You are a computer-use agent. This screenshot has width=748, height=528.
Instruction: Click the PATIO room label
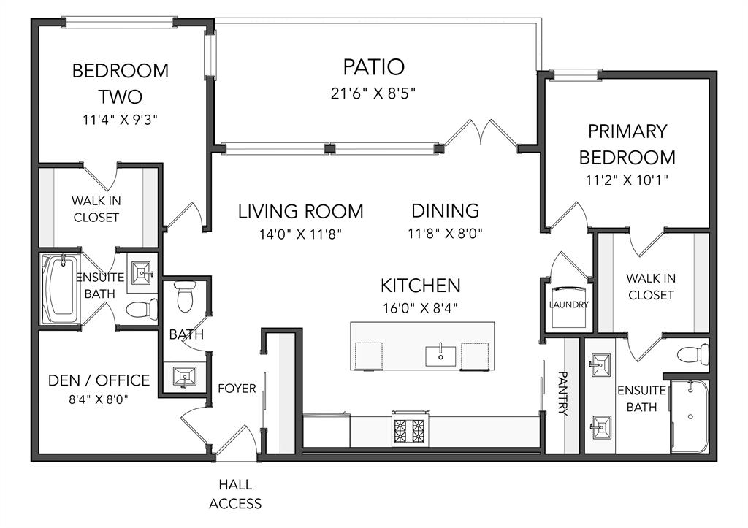[373, 66]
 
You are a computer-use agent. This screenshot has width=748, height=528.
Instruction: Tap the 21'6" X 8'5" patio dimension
[373, 93]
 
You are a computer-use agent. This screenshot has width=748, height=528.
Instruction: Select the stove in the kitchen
[411, 428]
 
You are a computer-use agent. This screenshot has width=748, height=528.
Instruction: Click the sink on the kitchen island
[440, 356]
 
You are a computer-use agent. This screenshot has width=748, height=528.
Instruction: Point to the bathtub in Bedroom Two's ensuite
[61, 289]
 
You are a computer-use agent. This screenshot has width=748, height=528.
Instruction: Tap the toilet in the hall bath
[185, 296]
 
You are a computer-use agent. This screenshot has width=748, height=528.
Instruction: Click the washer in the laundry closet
[569, 307]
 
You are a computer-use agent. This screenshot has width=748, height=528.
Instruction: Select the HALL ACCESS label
[235, 494]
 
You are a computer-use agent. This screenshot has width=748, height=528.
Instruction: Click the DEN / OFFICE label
[99, 380]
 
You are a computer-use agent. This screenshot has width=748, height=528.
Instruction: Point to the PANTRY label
[562, 394]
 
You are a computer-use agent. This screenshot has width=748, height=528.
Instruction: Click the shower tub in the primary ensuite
[690, 416]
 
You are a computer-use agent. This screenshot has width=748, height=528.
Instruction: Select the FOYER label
[237, 389]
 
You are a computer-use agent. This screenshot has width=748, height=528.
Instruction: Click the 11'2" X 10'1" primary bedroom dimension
[627, 180]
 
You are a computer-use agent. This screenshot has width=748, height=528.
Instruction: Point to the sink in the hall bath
[184, 377]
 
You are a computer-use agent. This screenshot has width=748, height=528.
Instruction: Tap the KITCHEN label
[420, 286]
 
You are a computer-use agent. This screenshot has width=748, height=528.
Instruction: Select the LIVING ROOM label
[300, 211]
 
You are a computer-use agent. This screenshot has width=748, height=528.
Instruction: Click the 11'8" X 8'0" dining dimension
[445, 234]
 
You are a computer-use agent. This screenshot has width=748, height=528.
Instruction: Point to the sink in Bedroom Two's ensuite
[142, 273]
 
